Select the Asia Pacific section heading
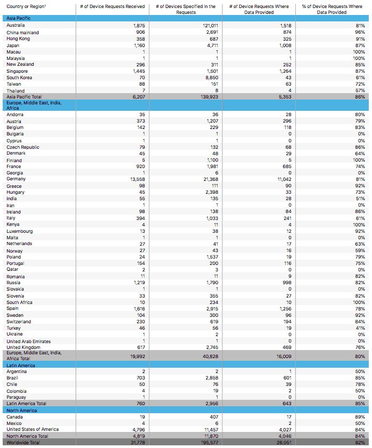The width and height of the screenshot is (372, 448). tap(18, 18)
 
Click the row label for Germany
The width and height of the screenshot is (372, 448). tap(16, 179)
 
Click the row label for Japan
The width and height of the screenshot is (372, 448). tap(13, 45)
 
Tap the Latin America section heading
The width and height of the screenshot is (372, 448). tap(21, 365)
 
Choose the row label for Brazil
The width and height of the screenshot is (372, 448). tap(13, 378)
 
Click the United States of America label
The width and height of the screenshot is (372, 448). tap(33, 429)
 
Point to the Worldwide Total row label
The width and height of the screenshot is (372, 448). tap(23, 442)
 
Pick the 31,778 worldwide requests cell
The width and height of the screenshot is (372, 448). tap(137, 442)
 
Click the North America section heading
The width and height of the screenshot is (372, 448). tap(21, 410)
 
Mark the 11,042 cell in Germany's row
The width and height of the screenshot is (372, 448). tap(282, 179)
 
